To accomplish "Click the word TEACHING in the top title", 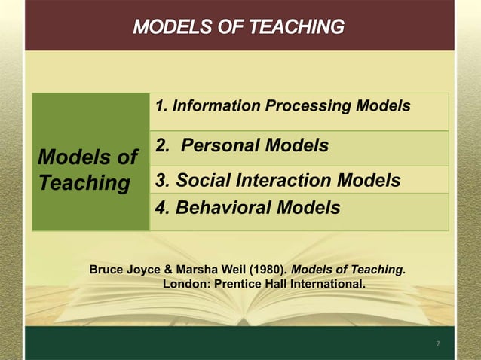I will click(293, 27).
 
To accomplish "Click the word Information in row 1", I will click(216, 106).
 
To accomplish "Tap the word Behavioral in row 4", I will click(221, 207).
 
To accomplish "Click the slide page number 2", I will click(437, 344).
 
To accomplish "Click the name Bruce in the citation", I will click(107, 269).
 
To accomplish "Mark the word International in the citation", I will click(328, 284).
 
